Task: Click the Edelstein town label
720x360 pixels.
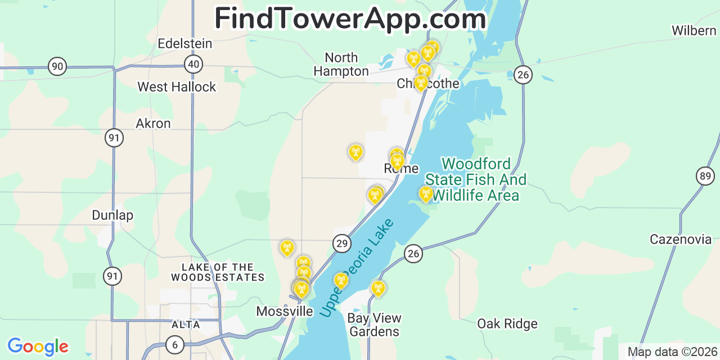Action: (x=184, y=44)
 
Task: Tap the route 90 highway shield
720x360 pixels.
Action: (x=57, y=66)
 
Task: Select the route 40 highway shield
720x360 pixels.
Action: (x=193, y=64)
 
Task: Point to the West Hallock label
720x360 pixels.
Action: (x=177, y=87)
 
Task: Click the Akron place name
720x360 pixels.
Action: (x=153, y=124)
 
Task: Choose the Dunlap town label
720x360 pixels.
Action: (x=112, y=215)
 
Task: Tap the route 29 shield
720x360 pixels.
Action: (x=341, y=244)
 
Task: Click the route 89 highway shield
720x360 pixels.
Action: (x=705, y=176)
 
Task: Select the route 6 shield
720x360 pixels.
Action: (x=175, y=345)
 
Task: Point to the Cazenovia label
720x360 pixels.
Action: (x=681, y=240)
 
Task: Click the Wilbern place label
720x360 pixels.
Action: (x=694, y=30)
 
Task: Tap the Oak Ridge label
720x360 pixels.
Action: (x=507, y=324)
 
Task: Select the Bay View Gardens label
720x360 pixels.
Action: (x=374, y=325)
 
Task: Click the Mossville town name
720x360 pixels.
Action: (x=284, y=311)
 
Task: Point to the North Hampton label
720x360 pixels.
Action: (x=341, y=65)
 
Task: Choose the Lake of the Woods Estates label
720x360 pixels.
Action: (x=218, y=272)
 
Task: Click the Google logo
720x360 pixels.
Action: (x=38, y=346)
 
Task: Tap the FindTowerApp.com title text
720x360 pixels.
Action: (x=350, y=19)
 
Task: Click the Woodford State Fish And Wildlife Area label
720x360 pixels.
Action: (x=475, y=179)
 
